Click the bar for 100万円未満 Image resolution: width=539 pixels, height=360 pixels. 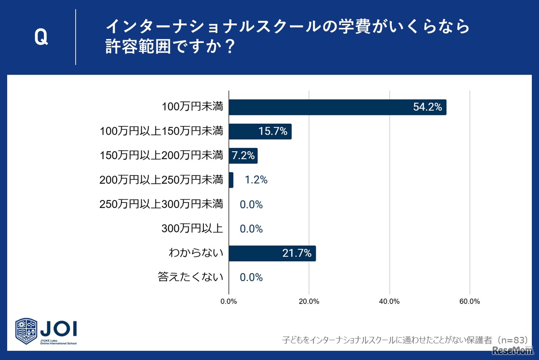[x=337, y=107]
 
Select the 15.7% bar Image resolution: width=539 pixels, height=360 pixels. [x=260, y=132]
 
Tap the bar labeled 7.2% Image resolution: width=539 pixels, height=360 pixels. [x=243, y=156]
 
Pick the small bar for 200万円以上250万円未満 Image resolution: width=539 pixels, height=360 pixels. [x=231, y=180]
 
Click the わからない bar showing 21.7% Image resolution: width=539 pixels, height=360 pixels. [x=272, y=253]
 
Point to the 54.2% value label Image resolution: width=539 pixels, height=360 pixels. [x=427, y=107]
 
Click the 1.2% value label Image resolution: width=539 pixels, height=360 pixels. [x=256, y=180]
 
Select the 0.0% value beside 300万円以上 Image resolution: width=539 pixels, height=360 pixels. [x=251, y=229]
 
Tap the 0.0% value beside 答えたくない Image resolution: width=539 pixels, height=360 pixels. [x=251, y=277]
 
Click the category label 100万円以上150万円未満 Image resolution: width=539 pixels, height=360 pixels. [x=161, y=132]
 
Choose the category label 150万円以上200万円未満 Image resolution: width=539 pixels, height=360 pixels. [x=161, y=156]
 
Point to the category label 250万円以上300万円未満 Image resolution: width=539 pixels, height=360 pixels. [x=161, y=205]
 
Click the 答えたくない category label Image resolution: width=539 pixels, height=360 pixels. [x=190, y=277]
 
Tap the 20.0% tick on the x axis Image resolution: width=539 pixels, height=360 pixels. [x=309, y=301]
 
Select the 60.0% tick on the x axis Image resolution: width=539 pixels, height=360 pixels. [x=470, y=301]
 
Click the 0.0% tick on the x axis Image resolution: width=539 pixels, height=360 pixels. [x=229, y=301]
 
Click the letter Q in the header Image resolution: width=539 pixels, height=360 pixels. [x=41, y=38]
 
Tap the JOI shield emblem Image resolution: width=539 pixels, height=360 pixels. [x=27, y=331]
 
